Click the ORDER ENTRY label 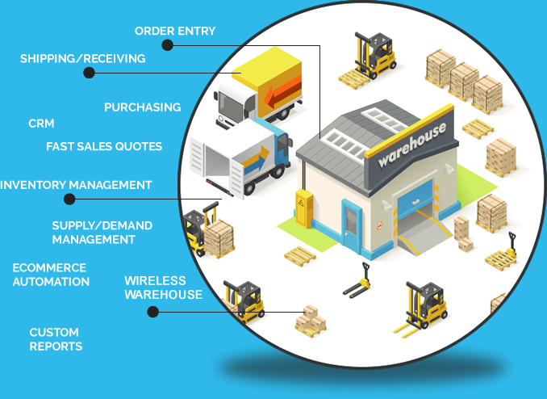175,31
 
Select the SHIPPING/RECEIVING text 82,58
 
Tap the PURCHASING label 142,107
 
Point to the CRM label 41,124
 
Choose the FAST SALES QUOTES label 104,146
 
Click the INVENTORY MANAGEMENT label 76,185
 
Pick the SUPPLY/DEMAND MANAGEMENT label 102,233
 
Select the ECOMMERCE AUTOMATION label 51,275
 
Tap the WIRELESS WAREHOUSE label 163,288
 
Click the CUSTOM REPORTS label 56,339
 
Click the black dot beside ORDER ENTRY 167,45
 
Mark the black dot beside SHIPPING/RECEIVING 89,73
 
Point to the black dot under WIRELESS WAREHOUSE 153,311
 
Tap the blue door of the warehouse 352,227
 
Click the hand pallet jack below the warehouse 358,282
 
